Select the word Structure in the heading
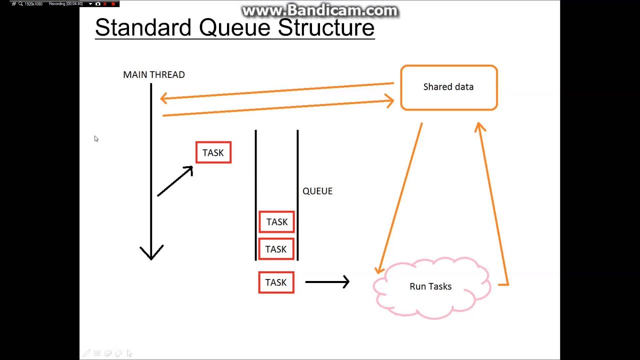tap(326, 27)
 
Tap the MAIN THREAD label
tap(154, 74)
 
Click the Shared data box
tap(448, 87)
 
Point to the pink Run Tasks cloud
tap(431, 286)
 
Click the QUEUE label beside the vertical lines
tap(317, 191)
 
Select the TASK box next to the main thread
tap(213, 152)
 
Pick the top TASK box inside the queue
tap(276, 222)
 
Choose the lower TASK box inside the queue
tap(276, 249)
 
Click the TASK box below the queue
tap(276, 282)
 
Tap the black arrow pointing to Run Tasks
tap(327, 282)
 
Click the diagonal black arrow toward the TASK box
tap(175, 181)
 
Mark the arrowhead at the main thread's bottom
tap(151, 252)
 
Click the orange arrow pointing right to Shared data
tap(277, 108)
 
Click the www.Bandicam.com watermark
tap(319, 10)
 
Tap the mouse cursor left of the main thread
tap(96, 138)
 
